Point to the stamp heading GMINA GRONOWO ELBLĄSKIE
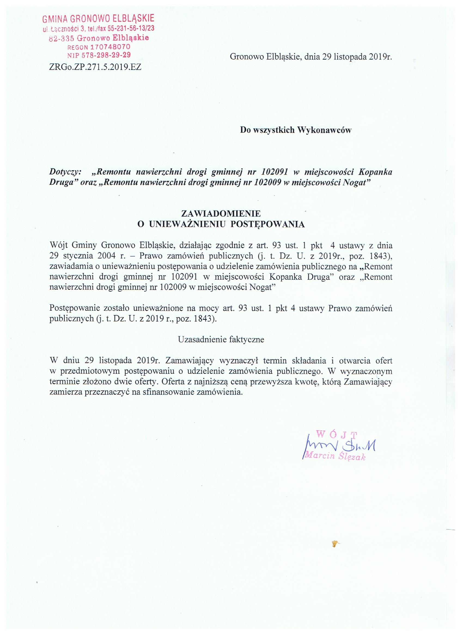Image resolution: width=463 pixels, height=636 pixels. tap(98, 19)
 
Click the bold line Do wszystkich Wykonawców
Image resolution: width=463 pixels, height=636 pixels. tap(296, 130)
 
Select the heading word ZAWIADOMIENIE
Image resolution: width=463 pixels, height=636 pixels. tap(221, 214)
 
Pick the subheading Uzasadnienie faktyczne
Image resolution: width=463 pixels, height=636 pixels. tap(221, 339)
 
